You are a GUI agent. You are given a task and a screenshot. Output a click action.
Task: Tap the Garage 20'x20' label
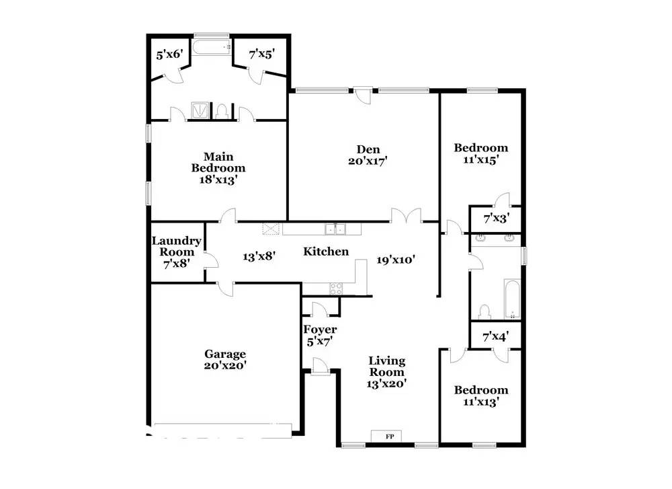click(x=225, y=360)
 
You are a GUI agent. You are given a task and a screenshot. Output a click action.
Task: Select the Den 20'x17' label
click(x=368, y=155)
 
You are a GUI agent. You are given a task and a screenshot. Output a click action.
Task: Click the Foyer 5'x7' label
click(x=320, y=336)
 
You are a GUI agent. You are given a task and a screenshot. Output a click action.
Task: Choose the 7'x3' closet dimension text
click(x=497, y=219)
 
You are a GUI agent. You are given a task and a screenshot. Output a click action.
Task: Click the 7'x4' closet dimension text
click(x=496, y=337)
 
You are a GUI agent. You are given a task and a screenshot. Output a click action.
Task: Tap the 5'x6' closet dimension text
click(x=170, y=54)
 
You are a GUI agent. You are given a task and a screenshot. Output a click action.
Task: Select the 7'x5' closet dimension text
click(x=262, y=54)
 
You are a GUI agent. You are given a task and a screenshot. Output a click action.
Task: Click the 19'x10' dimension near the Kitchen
click(x=396, y=260)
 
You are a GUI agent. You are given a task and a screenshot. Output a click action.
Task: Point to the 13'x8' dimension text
click(x=259, y=256)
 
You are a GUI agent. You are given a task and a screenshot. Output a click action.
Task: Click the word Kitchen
click(x=326, y=252)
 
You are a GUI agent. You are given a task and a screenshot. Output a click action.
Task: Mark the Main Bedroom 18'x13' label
click(x=218, y=168)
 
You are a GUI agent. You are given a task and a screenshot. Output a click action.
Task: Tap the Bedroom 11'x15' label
click(x=481, y=153)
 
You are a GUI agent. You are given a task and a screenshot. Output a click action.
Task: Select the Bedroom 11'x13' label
click(x=481, y=396)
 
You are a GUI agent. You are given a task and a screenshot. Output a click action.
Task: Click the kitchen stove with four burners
click(x=336, y=289)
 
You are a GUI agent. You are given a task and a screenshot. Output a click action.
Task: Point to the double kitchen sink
click(x=335, y=229)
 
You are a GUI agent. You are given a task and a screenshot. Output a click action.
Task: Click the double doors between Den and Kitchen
click(x=406, y=215)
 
